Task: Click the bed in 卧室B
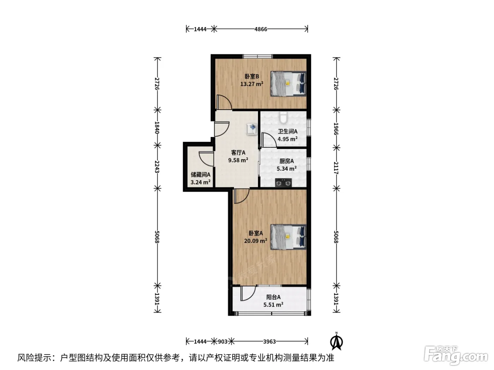coord(288,84)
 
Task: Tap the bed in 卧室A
coord(288,237)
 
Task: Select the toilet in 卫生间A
coord(283,117)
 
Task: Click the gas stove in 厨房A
coord(283,183)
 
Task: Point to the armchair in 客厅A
coord(252,129)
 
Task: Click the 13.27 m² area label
coord(252,84)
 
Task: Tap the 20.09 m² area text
coord(255,241)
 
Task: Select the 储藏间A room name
coord(200,174)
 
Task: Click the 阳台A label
coord(273,297)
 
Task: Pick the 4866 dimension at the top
coord(261,29)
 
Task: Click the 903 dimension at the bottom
coord(223,342)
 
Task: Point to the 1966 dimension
coord(336,129)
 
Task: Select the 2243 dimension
coord(157,167)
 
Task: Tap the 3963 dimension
coord(269,342)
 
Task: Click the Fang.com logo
coord(456,356)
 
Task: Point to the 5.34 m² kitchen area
coord(287,168)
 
